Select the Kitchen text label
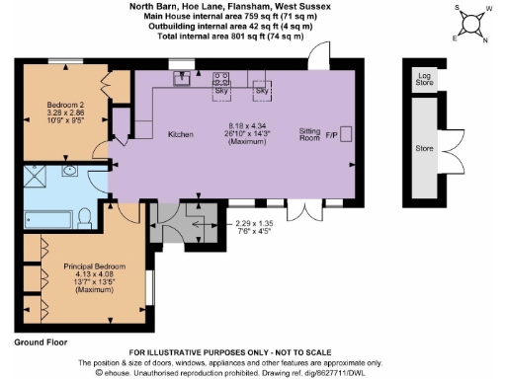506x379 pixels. point(179,134)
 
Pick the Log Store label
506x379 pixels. point(424,77)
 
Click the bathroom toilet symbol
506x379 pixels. point(86,214)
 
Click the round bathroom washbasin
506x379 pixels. point(71,171)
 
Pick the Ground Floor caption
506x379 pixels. point(41,341)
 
